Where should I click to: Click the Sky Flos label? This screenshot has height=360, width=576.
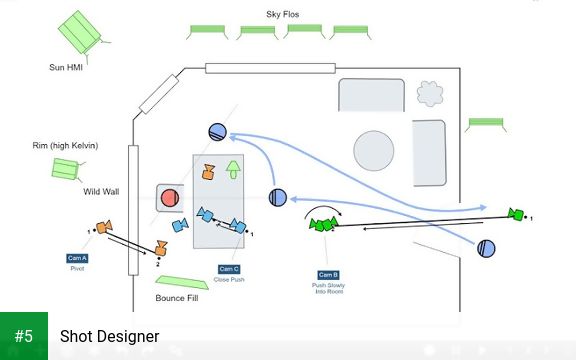point(282,15)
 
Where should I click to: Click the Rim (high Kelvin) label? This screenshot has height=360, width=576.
point(66,146)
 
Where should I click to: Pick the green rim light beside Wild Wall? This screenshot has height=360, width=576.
point(66,168)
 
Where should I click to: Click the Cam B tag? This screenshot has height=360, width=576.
point(328,275)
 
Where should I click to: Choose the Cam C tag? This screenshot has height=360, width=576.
point(229,268)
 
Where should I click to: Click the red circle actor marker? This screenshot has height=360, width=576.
point(169,197)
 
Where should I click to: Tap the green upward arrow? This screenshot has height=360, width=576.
point(233,167)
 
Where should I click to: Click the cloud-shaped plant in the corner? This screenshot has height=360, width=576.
point(429,93)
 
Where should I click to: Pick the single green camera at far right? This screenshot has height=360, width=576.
point(516,214)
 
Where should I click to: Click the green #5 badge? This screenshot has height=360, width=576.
point(24,336)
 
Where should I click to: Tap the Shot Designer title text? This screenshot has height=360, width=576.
point(109,337)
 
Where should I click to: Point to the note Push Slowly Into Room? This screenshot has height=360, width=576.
point(328,289)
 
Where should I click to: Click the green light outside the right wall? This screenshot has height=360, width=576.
point(485,123)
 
